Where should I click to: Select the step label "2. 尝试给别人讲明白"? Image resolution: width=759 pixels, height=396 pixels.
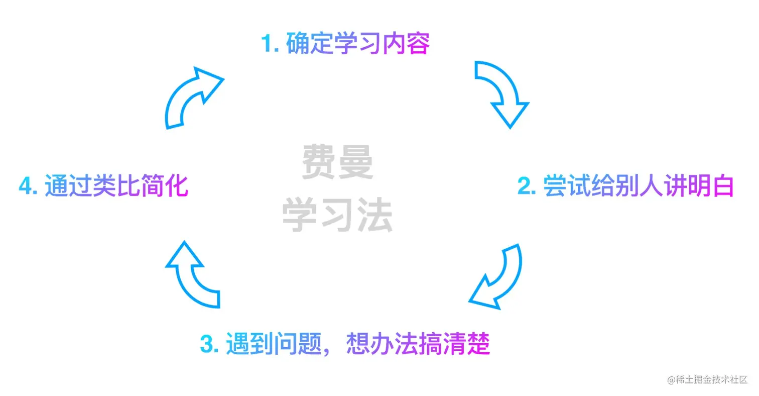[x=625, y=186]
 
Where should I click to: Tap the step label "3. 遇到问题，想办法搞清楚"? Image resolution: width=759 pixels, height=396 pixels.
[x=345, y=344]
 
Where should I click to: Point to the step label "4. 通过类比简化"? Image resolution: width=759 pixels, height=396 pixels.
[x=103, y=186]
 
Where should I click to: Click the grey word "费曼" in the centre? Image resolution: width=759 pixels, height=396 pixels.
[x=337, y=162]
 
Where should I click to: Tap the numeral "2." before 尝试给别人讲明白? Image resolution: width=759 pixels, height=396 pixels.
[x=527, y=186]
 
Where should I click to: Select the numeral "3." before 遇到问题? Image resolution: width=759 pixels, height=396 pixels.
[x=209, y=344]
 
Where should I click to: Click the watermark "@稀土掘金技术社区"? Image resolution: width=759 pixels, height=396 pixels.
[x=708, y=380]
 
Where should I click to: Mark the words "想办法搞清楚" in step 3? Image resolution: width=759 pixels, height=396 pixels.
[x=418, y=344]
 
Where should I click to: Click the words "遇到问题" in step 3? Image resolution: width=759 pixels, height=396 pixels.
[x=275, y=344]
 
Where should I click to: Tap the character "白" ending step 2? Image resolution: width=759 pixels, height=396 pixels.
[x=723, y=186]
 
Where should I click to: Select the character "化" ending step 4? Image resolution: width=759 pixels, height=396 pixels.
[x=177, y=186]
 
